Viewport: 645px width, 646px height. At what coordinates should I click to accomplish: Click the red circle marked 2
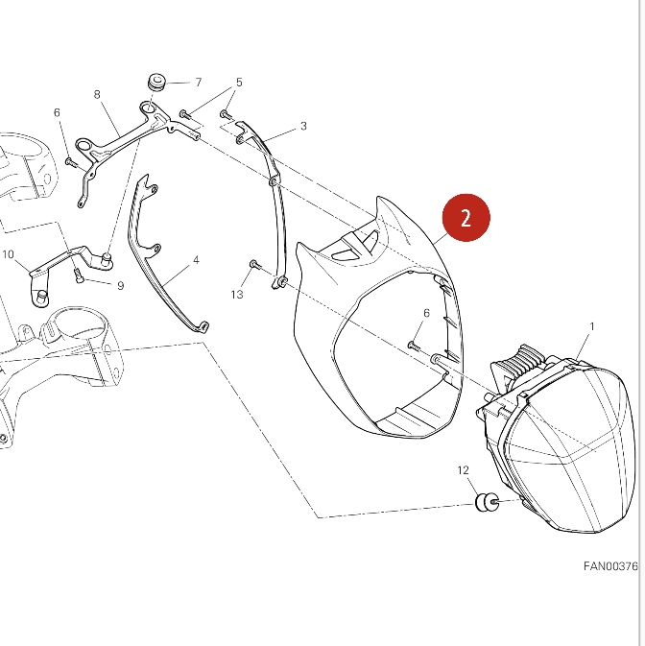pos(466,218)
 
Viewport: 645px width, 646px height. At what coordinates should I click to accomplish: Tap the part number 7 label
pos(199,83)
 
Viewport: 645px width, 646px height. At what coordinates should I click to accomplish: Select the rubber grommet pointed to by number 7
pos(156,82)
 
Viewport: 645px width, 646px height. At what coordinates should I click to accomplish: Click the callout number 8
pos(97,94)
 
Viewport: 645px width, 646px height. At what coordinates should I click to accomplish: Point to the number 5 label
pos(239,82)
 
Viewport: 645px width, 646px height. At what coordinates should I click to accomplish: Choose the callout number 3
pos(303,126)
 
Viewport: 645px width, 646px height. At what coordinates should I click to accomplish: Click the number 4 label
pos(196,260)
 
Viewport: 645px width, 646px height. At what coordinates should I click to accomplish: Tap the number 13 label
pos(237,294)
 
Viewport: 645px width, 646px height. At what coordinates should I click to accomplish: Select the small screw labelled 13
pos(254,264)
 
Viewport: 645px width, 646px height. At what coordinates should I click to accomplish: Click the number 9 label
pos(120,285)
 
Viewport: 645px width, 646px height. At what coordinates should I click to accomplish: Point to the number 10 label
pos(8,254)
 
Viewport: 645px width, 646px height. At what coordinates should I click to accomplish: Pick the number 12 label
pos(463,470)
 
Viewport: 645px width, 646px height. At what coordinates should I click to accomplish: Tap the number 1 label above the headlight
pos(592,326)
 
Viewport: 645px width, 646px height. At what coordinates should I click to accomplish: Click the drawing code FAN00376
pos(610,566)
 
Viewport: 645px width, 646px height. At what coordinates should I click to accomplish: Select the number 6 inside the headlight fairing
pos(426,313)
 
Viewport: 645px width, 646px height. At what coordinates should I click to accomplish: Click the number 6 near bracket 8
pos(57,112)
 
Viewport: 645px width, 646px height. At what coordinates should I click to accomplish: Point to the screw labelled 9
pos(79,275)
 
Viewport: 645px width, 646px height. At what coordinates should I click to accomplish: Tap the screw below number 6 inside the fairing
pos(414,346)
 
